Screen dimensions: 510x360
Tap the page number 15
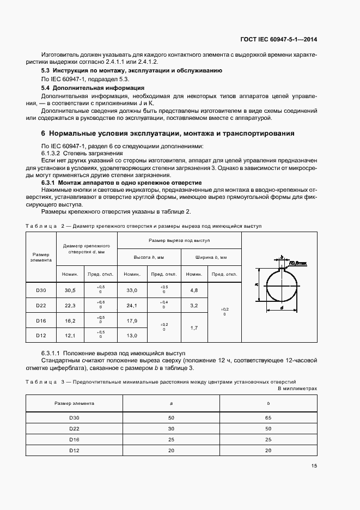[314, 465]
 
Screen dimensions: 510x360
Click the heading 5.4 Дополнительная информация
[93, 88]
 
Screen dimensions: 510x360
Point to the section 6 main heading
[168, 133]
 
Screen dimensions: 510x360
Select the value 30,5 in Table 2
[71, 290]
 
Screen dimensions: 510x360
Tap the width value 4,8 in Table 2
[194, 290]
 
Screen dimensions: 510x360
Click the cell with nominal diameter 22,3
[71, 305]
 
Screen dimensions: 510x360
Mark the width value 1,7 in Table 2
[194, 327]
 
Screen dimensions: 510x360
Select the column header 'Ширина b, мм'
[211, 257]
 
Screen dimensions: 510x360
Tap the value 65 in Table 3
[268, 417]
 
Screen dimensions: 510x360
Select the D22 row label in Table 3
[74, 428]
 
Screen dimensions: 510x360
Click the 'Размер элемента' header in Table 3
[74, 403]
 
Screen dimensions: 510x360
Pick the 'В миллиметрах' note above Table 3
[297, 388]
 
